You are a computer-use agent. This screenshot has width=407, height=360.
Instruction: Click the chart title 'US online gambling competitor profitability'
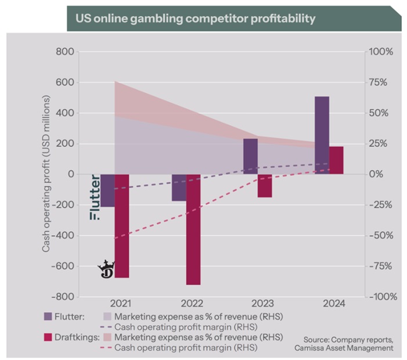coord(195,19)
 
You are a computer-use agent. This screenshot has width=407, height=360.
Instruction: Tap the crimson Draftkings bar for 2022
coord(193,229)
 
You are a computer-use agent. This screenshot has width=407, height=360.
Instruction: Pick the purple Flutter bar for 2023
coord(250,156)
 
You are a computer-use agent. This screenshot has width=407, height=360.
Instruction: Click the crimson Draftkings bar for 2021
coord(122,226)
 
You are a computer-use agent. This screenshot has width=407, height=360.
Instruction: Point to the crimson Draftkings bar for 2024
coord(336,160)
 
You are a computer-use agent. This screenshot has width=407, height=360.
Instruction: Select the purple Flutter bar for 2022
coord(179,188)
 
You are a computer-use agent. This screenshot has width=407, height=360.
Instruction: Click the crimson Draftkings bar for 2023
coord(265,186)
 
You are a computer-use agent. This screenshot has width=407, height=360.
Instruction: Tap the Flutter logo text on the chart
coord(95,197)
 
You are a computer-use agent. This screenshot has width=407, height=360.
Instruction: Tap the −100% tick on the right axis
coord(383,297)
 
